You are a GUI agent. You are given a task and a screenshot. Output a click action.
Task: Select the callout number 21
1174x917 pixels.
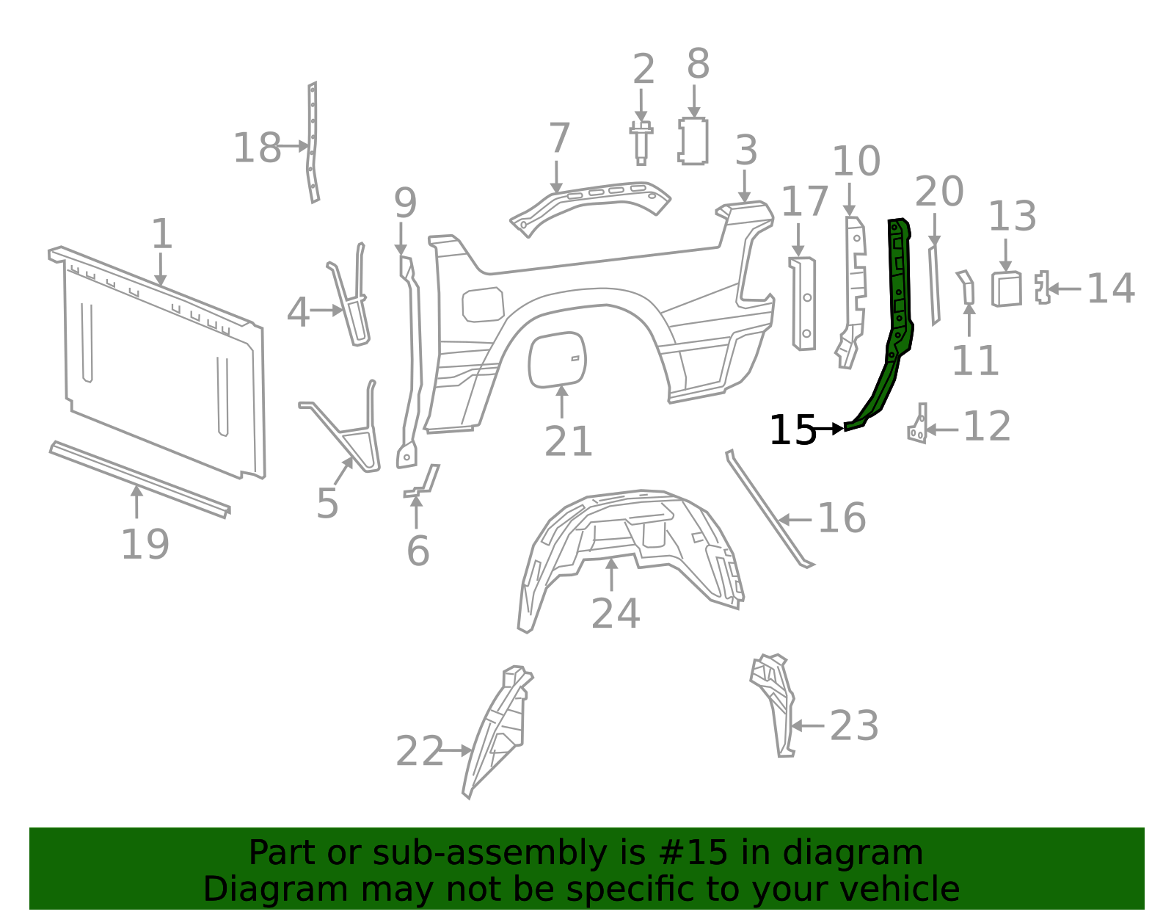(x=568, y=442)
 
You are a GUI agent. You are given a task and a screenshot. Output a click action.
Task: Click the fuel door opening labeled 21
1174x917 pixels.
(x=557, y=359)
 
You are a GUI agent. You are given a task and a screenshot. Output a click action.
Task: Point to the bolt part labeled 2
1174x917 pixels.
(x=641, y=142)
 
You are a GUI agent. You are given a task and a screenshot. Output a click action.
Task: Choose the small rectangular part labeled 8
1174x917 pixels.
(x=693, y=141)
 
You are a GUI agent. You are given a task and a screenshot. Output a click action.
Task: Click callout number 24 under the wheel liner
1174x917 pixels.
(x=615, y=614)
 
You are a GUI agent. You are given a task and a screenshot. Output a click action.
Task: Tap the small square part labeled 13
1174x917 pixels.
(x=1006, y=289)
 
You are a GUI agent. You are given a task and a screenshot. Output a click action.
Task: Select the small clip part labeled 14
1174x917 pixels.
(x=1042, y=287)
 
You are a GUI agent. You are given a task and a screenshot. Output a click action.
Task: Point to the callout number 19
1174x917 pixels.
(x=145, y=545)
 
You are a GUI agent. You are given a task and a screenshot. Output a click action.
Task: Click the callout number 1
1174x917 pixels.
(x=161, y=235)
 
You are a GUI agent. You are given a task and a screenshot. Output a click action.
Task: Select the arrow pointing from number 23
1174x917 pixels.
(x=809, y=726)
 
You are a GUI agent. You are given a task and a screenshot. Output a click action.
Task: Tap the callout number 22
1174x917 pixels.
(x=419, y=752)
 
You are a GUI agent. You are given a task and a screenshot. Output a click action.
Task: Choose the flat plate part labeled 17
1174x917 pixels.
(x=803, y=303)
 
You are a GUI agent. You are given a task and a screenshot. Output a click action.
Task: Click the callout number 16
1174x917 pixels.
(x=841, y=518)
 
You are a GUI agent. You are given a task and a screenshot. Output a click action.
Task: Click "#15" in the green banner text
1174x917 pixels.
(x=693, y=853)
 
